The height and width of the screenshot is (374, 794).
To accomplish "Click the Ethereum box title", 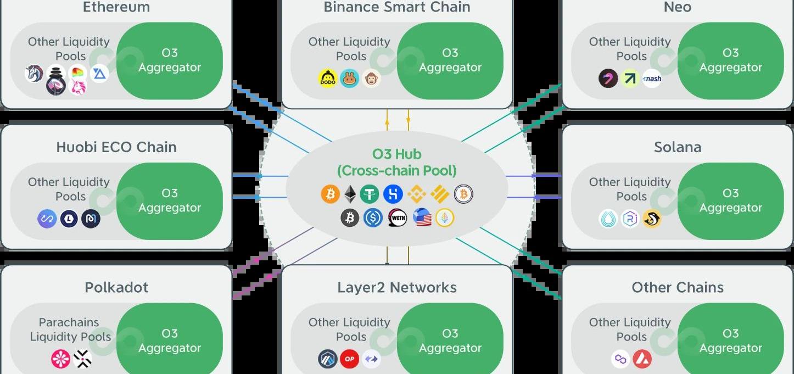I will tap(116, 7).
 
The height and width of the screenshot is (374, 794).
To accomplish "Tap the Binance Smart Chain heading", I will tap(396, 7).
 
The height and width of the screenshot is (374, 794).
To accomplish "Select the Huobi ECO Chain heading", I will tap(116, 147).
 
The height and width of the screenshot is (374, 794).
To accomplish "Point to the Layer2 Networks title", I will tap(396, 287).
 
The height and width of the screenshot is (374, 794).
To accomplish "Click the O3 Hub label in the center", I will tap(396, 154).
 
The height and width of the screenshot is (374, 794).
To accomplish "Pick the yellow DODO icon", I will tap(328, 79).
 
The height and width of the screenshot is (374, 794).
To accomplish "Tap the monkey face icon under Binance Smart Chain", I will tap(371, 79).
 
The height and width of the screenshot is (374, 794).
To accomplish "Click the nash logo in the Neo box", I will tap(652, 79).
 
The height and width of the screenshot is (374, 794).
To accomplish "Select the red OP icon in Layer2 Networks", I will tap(349, 359).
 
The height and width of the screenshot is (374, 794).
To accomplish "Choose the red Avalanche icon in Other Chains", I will tap(641, 359).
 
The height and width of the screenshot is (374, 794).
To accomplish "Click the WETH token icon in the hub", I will tap(397, 219).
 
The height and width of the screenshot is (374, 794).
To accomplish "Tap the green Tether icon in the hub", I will tap(370, 194).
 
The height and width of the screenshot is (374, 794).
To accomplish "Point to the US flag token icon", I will tap(422, 219).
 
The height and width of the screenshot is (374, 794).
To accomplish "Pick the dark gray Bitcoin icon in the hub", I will tap(350, 219).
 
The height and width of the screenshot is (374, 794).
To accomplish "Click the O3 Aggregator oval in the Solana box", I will tap(730, 200).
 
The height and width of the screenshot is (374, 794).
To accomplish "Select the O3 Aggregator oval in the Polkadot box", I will tap(169, 340).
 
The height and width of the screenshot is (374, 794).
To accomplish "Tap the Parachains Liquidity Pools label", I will tap(70, 330).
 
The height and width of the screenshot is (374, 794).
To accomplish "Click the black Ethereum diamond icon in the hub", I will tap(350, 194).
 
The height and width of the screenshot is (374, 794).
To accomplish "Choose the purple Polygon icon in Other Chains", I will tap(620, 359).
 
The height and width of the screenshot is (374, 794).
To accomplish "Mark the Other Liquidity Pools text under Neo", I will tap(630, 49).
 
